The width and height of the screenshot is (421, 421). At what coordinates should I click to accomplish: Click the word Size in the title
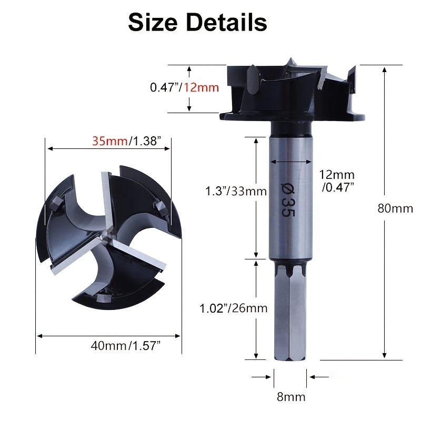point(153,23)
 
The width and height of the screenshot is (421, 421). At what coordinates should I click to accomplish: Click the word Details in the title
point(226,23)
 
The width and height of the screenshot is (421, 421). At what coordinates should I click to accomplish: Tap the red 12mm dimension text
point(202,88)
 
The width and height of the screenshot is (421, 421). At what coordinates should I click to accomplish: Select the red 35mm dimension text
point(109,141)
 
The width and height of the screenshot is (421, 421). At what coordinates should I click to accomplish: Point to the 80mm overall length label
point(395,208)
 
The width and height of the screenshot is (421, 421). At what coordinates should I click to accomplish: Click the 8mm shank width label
point(291,397)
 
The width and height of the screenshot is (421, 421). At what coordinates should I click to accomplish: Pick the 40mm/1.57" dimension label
point(126,346)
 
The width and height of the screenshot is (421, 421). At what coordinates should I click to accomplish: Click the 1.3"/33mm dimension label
point(236,191)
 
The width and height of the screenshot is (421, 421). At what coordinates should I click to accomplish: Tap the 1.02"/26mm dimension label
point(234,308)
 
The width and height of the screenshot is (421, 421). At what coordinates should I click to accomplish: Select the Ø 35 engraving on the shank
point(288,199)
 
